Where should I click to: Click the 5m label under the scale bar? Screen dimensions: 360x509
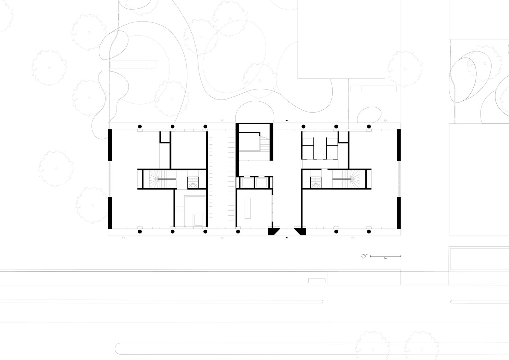coord(385,258)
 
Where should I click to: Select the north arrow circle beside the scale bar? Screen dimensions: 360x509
coord(364,256)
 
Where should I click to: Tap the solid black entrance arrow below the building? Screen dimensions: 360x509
coord(287,238)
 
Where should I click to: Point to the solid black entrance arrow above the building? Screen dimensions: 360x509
coord(287,120)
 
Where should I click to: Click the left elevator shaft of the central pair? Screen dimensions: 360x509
coord(247,183)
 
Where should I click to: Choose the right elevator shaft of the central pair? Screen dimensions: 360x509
coord(261,183)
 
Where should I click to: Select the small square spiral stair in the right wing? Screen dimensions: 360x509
coord(316,182)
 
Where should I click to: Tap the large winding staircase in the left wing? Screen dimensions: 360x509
coord(156,179)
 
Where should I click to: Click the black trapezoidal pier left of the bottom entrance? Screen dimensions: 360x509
coord(273,232)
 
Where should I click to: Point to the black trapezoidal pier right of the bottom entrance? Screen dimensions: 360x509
coord(300,232)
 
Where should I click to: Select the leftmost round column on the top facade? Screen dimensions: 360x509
coord(140,126)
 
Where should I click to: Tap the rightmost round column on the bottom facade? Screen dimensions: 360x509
coord(369,232)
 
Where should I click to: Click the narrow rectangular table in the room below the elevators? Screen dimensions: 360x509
coord(248,208)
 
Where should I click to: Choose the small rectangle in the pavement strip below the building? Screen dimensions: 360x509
coord(317,281)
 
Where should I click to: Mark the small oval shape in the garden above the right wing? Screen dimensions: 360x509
coord(370,115)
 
